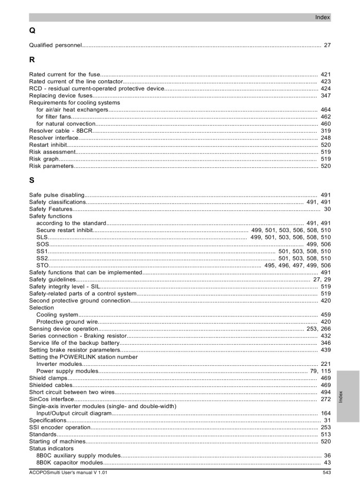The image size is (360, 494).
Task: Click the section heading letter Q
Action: click(x=32, y=31)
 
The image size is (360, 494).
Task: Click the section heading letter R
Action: click(x=32, y=60)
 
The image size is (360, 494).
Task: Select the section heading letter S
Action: click(x=32, y=181)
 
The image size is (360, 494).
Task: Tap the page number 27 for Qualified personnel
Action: click(x=327, y=46)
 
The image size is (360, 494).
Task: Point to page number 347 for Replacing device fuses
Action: click(x=325, y=96)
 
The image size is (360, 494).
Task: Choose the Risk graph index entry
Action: click(x=44, y=159)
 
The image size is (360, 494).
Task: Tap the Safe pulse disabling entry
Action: click(x=57, y=195)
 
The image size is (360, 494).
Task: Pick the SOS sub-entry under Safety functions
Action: click(x=43, y=244)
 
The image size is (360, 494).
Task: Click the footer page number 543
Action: click(x=326, y=473)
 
